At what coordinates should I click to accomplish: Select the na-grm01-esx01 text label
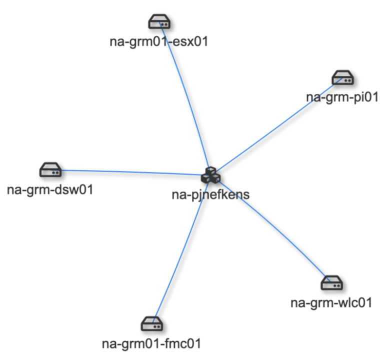click(x=158, y=41)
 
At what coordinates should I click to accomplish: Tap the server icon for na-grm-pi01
click(x=343, y=78)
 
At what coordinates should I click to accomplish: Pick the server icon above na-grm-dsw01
click(x=50, y=169)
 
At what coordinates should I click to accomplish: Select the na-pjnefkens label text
click(x=210, y=194)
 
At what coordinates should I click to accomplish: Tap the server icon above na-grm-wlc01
click(x=331, y=283)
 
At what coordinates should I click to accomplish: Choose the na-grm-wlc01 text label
click(x=331, y=303)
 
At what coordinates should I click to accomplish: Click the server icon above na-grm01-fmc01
click(x=151, y=323)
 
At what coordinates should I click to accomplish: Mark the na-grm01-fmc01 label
click(x=151, y=343)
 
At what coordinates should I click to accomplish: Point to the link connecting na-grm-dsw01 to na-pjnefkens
click(x=130, y=172)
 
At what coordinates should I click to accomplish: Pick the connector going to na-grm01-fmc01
click(x=180, y=250)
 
